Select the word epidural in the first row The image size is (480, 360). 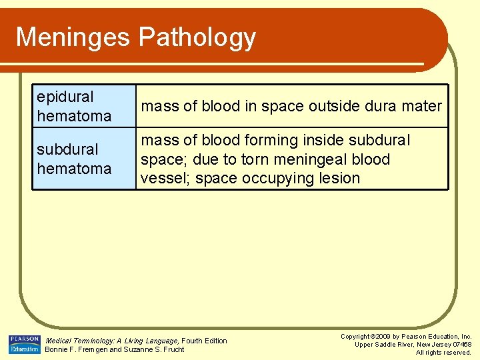[65, 97]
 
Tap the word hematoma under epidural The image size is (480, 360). [74, 116]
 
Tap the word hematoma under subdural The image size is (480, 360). [74, 169]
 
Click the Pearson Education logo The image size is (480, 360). [24, 344]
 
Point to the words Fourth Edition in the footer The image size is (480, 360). [205, 341]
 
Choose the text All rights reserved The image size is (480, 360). [443, 353]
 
